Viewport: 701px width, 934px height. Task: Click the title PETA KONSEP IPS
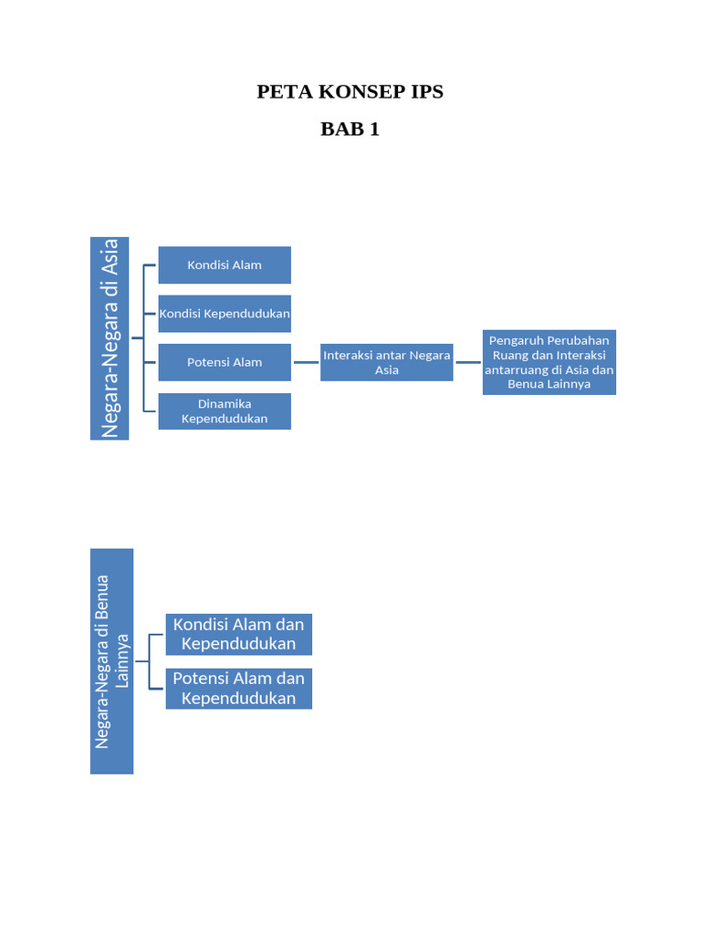pos(350,91)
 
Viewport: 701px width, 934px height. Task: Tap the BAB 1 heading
pos(350,129)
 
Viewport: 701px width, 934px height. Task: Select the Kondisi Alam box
pos(225,265)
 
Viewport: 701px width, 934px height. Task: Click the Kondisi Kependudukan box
pos(225,314)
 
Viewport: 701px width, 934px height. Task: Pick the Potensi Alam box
pos(225,362)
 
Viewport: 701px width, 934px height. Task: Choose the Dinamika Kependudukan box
pos(225,411)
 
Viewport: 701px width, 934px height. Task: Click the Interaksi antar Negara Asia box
pos(386,362)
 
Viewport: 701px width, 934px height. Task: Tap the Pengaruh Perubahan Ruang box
pos(549,362)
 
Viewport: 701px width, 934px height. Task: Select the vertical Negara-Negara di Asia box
pos(110,338)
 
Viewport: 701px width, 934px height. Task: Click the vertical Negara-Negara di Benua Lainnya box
pos(111,661)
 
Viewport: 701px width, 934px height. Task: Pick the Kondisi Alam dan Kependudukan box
pos(238,634)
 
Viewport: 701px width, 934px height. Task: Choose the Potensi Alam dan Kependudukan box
pos(238,689)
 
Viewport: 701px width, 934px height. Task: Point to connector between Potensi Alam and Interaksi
pos(306,362)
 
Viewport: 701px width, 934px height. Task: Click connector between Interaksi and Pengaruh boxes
pos(467,362)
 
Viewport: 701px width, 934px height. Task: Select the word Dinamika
pos(225,404)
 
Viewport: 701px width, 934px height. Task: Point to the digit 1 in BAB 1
pos(373,129)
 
